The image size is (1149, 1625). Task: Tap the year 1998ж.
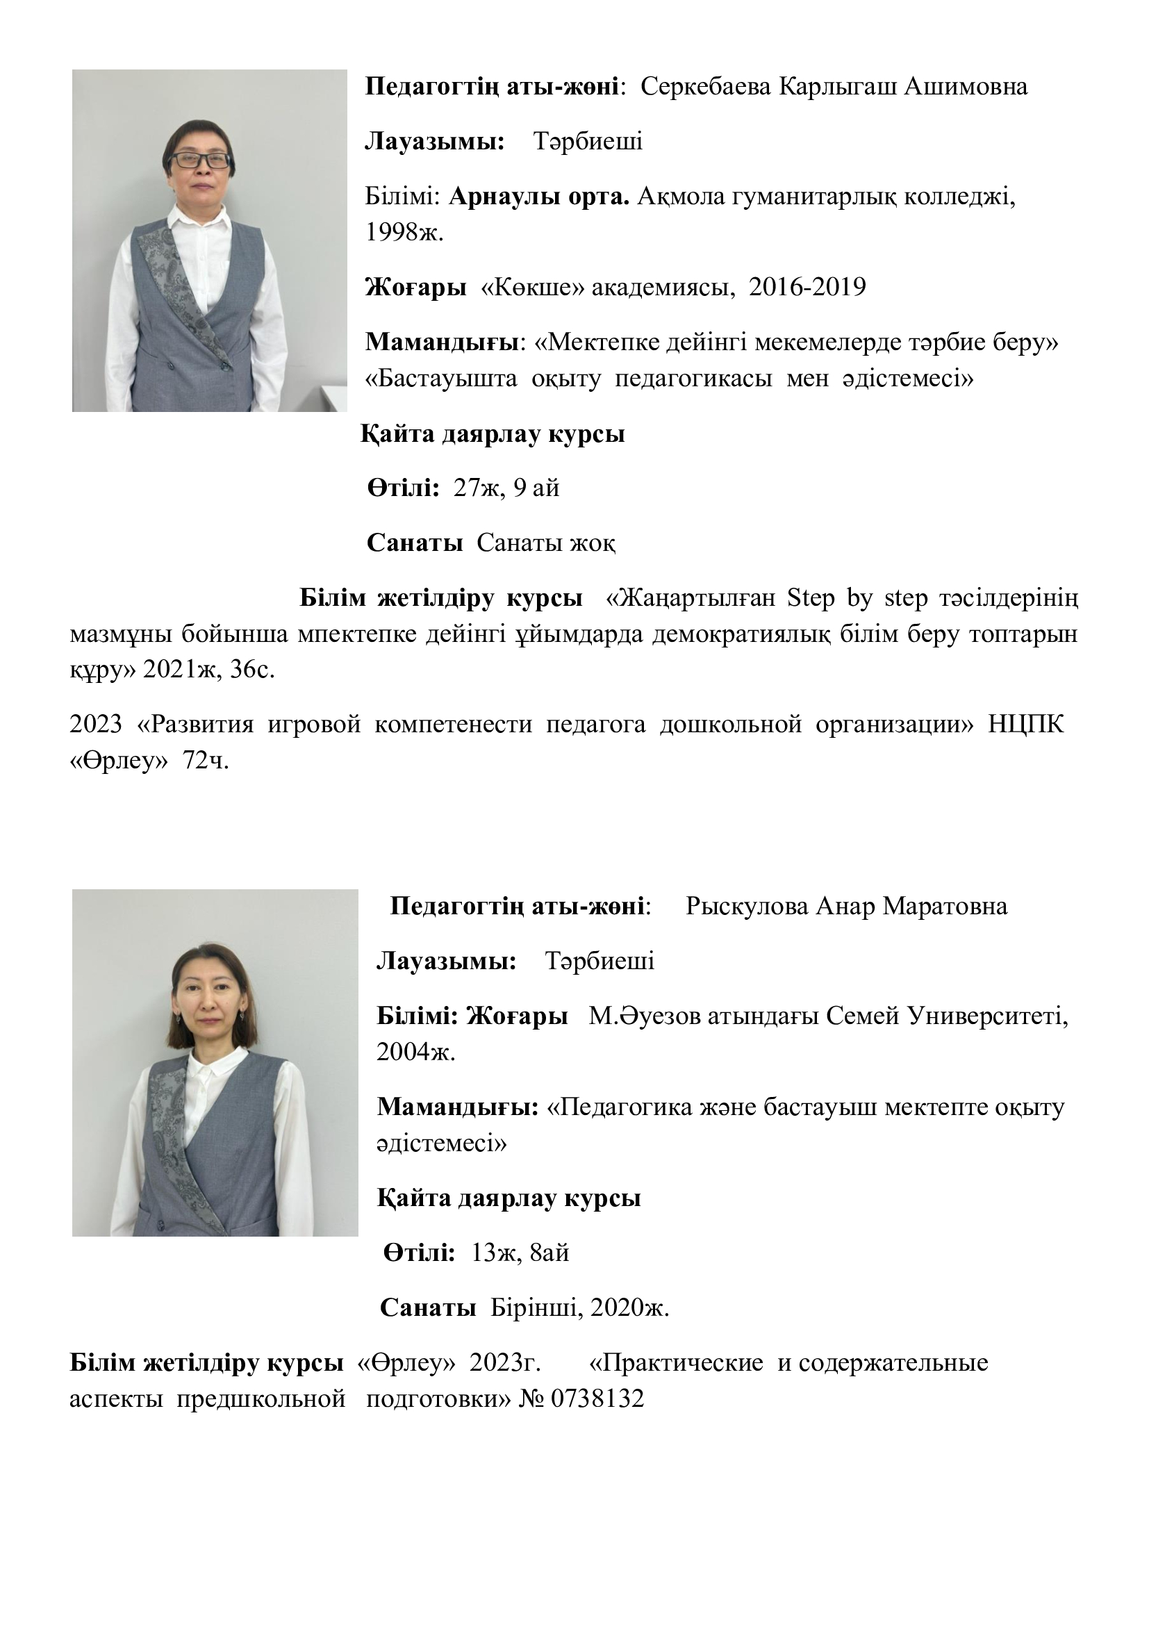[x=404, y=232]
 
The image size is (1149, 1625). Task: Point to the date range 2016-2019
[x=807, y=288]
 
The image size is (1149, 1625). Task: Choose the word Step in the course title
[x=811, y=599]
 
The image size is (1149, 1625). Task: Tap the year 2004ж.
[x=415, y=1053]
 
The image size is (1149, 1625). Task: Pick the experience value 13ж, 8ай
[x=520, y=1253]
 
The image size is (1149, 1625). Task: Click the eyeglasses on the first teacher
[x=201, y=160]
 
